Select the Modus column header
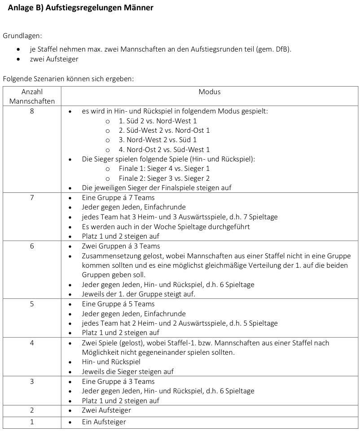[x=210, y=91]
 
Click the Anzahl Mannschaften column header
[x=32, y=96]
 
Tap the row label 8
[x=32, y=111]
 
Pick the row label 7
[x=32, y=197]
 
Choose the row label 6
[x=32, y=246]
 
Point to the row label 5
[x=32, y=304]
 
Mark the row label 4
[x=32, y=343]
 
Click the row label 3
[x=32, y=381]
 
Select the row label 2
[x=32, y=410]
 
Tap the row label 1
[x=32, y=422]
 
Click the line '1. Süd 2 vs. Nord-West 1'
[x=158, y=121]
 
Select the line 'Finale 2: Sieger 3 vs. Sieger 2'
[x=164, y=178]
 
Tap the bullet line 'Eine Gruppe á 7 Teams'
[x=118, y=197]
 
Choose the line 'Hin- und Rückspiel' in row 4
[x=111, y=361]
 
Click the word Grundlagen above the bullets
[x=22, y=35]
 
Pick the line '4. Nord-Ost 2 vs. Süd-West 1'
[x=164, y=149]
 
